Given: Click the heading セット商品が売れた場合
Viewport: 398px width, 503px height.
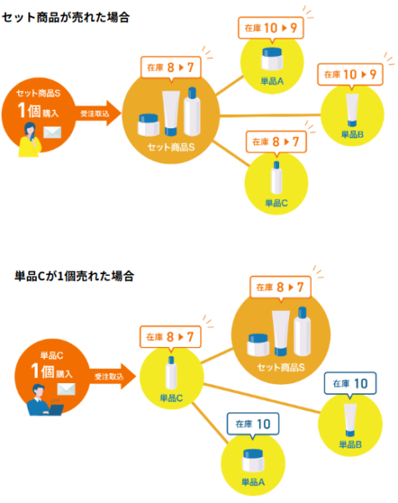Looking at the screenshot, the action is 65,18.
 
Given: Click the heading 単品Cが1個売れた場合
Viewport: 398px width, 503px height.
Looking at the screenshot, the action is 74,276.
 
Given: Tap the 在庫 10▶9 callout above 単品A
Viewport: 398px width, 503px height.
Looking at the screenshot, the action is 271,29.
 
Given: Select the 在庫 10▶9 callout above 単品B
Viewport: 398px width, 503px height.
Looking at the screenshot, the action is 350,75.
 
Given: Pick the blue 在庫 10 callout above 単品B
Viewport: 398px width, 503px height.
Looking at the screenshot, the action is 350,384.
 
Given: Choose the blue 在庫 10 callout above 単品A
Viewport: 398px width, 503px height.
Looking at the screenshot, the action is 253,424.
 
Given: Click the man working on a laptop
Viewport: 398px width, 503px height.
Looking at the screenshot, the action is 44,400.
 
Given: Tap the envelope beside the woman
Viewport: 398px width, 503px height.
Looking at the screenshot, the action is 52,132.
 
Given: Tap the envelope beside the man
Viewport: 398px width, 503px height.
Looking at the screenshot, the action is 66,389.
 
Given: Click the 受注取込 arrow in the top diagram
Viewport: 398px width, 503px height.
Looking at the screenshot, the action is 98,113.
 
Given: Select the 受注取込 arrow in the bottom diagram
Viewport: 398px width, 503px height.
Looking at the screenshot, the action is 112,376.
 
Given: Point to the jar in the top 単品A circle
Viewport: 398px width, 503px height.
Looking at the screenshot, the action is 272,59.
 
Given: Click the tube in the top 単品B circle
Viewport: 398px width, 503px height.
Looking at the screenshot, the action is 352,110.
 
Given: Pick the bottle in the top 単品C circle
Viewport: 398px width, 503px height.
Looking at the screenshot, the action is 277,178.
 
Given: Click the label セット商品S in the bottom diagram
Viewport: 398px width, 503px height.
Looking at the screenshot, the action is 281,367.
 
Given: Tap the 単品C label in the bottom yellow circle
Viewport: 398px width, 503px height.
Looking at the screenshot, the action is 171,398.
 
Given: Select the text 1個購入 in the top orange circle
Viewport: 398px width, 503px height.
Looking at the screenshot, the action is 39,111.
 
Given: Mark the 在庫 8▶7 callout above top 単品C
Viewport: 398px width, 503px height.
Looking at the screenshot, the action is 277,142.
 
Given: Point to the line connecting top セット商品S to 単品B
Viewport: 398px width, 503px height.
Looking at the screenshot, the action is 270,115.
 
